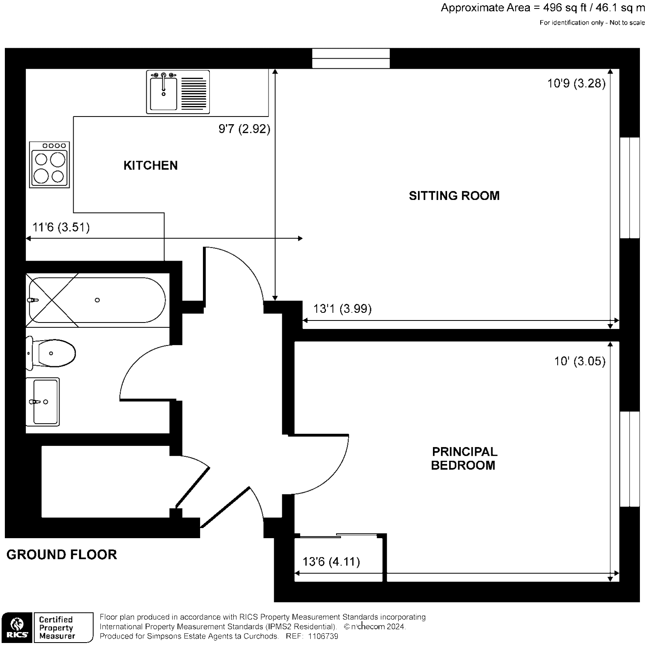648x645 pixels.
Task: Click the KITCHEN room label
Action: [150, 165]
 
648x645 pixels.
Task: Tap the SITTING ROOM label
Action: [454, 196]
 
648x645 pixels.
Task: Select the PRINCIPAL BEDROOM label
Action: [464, 458]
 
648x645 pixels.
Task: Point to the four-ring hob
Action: [49, 165]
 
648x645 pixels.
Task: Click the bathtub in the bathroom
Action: [97, 300]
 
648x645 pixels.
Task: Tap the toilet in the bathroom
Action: [52, 353]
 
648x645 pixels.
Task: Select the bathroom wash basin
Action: [43, 401]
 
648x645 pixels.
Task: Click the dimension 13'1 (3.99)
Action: [342, 309]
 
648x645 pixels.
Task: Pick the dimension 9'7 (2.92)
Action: [244, 129]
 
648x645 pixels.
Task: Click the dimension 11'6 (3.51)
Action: [61, 227]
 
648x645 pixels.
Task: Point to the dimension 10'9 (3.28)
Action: [576, 83]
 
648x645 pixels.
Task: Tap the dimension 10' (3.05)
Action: [580, 361]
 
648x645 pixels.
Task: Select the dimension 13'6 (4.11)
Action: [331, 562]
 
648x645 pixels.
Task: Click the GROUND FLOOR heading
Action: [62, 554]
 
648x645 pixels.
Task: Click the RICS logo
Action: [16, 627]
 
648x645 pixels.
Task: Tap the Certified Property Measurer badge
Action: [63, 627]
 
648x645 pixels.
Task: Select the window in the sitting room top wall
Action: [351, 58]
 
